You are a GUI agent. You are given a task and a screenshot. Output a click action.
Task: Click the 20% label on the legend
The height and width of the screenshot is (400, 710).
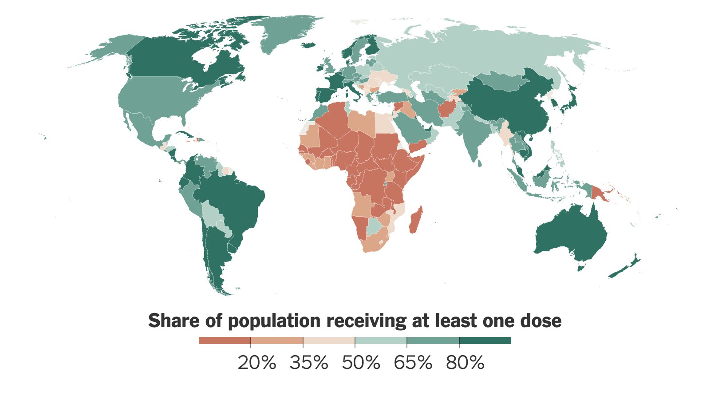256,363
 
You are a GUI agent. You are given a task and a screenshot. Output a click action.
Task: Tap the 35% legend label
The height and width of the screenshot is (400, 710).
309,363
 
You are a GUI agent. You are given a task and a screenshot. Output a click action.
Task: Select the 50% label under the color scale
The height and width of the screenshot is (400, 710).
361,363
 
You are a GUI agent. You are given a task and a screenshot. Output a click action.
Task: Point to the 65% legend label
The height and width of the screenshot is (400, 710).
413,363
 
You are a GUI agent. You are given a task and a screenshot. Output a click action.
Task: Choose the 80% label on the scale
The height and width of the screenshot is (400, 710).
465,363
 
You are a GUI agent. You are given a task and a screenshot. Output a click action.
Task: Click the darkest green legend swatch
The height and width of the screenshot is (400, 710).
485,341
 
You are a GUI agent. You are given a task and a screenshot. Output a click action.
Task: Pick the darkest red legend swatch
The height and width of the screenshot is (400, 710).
225,341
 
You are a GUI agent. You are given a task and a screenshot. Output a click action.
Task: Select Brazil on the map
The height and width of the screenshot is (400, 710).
231,195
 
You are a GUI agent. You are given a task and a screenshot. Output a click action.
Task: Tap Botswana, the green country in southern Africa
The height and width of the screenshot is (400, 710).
375,226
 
